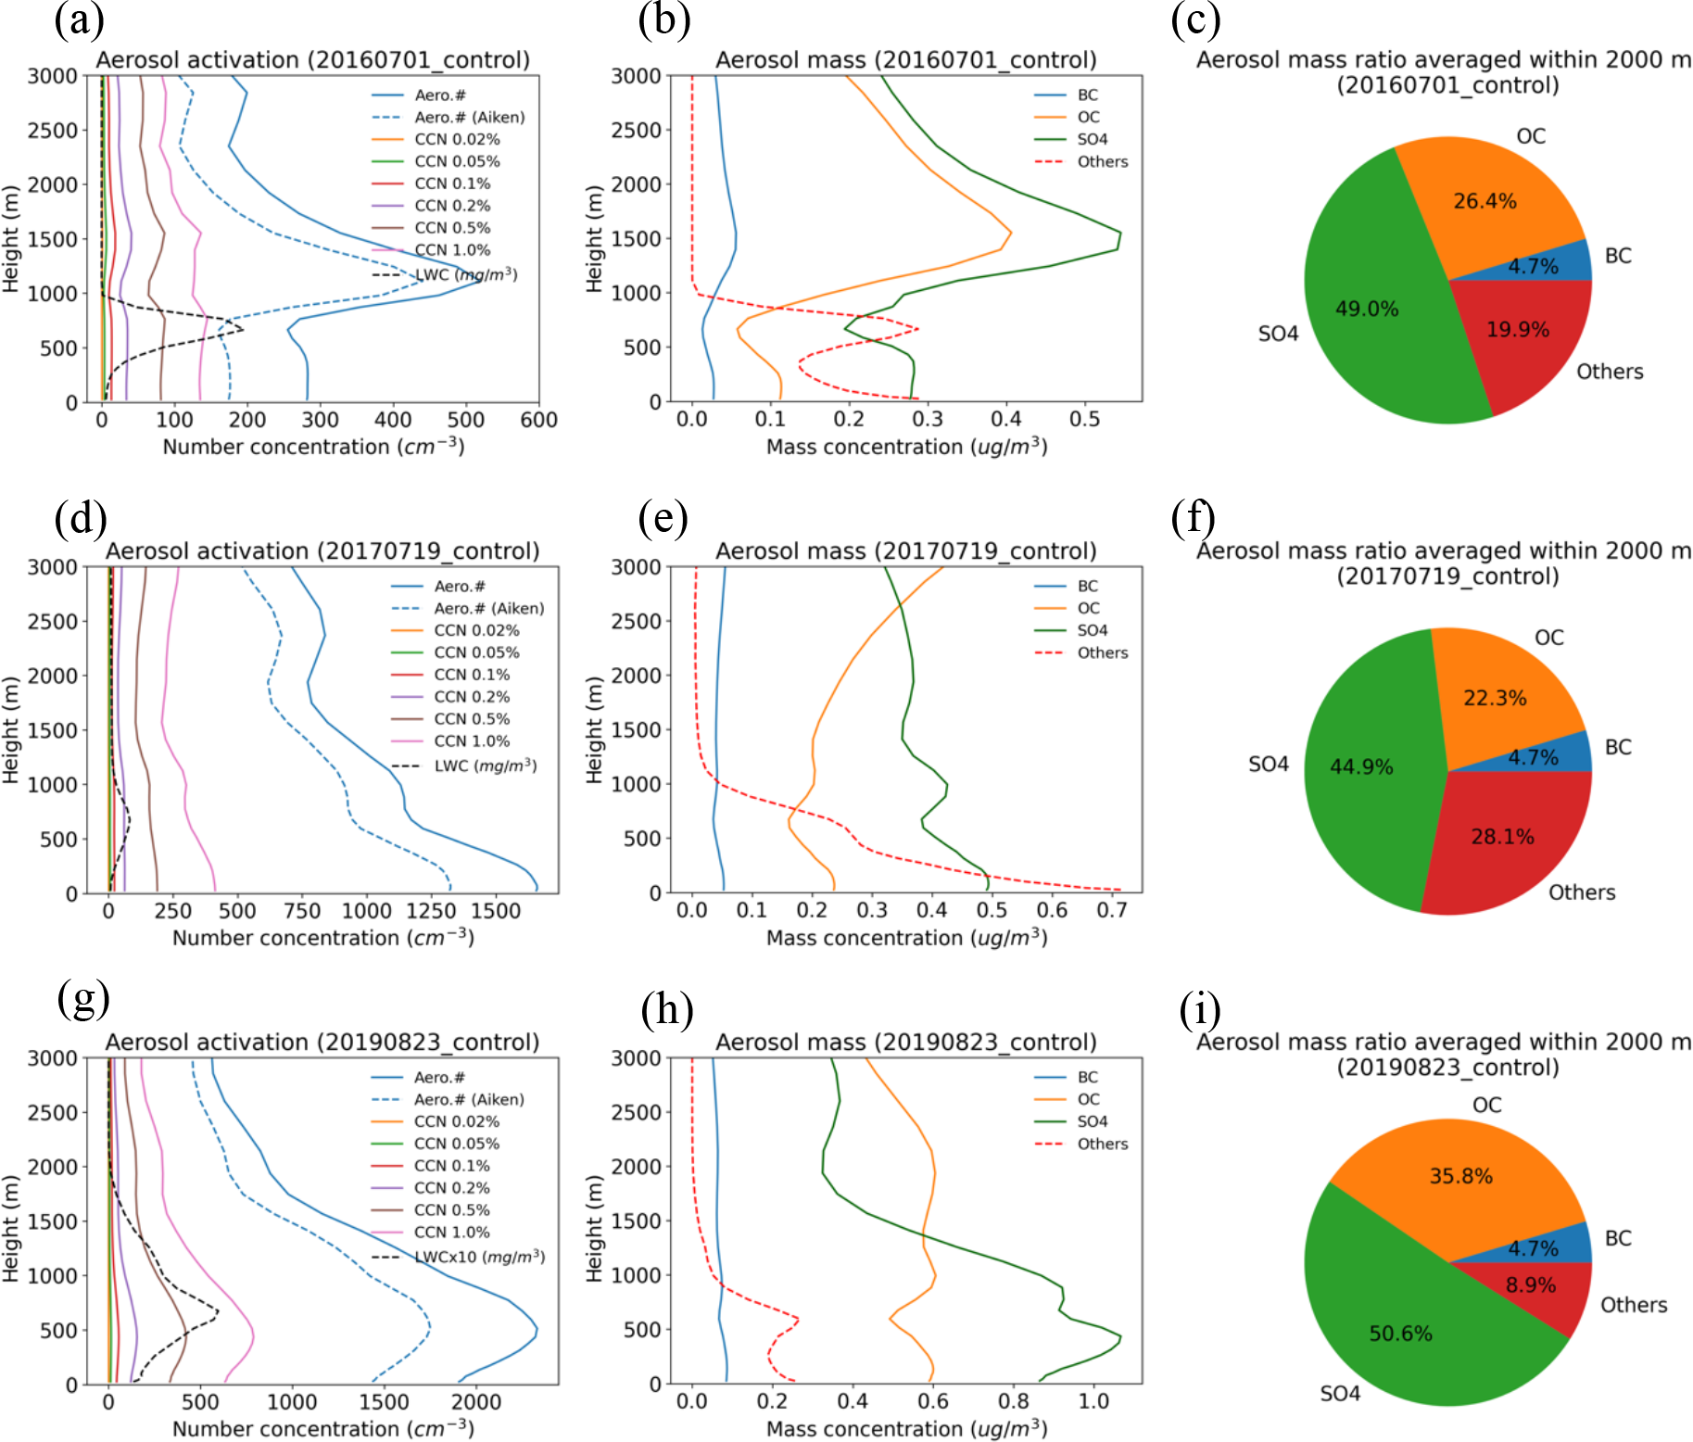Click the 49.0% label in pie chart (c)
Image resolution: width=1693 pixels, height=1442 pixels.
point(1367,309)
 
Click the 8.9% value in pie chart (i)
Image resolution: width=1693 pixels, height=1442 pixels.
point(1531,1284)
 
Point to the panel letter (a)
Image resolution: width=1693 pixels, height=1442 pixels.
point(80,20)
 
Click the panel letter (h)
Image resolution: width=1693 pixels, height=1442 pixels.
point(667,1008)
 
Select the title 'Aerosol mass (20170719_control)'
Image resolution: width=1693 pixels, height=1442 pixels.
point(905,551)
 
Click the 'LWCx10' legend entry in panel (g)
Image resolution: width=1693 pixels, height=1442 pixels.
point(458,1257)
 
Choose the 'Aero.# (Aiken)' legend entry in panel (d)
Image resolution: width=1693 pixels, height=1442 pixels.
point(468,608)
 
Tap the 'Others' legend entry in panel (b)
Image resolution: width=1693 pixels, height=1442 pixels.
point(1081,161)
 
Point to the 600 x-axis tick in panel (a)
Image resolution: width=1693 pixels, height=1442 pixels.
point(538,420)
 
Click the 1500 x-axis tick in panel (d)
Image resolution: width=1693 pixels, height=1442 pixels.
point(496,911)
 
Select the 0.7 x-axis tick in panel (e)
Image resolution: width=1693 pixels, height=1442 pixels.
point(1112,911)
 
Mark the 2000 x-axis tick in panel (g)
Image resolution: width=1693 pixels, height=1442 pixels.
point(476,1402)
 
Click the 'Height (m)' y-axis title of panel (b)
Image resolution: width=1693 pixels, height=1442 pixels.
point(595,239)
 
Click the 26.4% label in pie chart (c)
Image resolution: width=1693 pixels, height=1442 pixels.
point(1485,201)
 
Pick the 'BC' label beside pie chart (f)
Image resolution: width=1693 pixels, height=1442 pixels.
point(1618,747)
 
